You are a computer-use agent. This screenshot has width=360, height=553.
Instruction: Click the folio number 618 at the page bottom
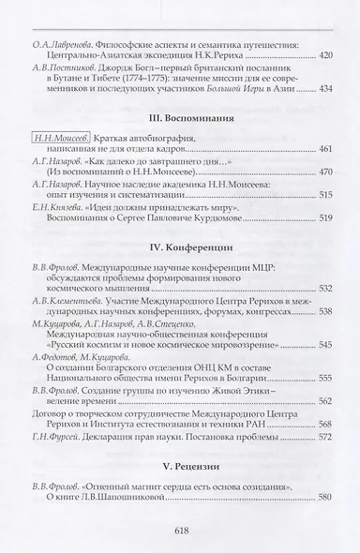coord(179,527)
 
